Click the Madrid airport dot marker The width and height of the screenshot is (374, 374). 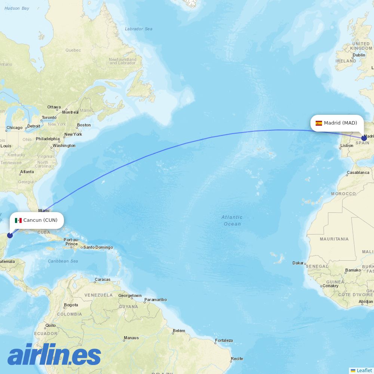click(364, 138)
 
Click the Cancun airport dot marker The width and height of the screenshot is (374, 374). click(10, 235)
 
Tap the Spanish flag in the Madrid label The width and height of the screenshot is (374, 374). click(319, 123)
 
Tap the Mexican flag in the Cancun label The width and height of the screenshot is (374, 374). click(18, 220)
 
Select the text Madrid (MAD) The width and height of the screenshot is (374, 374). click(340, 123)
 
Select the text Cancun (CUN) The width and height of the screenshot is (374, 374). click(40, 220)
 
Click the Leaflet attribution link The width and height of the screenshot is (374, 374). click(364, 370)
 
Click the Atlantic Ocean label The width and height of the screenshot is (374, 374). click(232, 220)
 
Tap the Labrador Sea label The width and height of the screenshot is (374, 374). click(139, 29)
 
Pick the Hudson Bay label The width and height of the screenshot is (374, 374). click(17, 8)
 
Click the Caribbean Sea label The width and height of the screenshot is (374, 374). click(63, 261)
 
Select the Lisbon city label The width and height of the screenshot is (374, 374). click(347, 146)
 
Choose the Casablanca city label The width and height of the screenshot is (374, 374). click(358, 173)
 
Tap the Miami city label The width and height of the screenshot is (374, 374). click(44, 211)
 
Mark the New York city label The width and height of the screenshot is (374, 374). click(73, 134)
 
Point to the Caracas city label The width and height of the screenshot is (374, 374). click(102, 279)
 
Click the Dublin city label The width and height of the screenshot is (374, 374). click(359, 55)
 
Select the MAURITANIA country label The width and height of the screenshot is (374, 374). click(334, 239)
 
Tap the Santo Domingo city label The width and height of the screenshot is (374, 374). click(98, 247)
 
